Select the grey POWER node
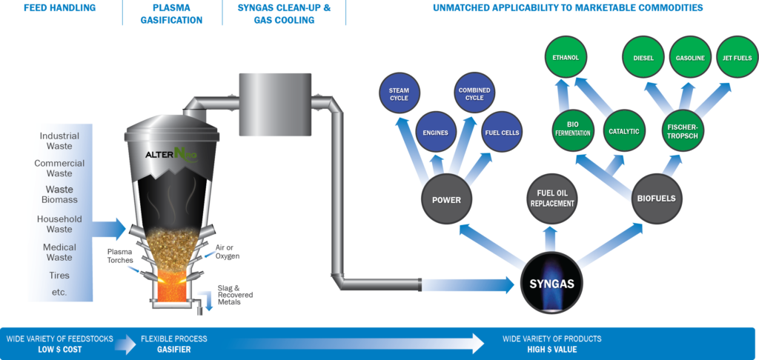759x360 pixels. coord(446,199)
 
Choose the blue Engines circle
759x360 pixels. coord(435,133)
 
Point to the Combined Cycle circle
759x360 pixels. coord(474,94)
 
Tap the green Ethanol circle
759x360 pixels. coord(566,57)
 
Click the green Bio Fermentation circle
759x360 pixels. coord(571,127)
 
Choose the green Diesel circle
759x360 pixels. coord(643,57)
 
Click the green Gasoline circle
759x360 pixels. coord(690,57)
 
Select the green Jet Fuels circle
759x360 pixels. coord(736,57)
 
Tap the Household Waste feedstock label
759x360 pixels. coord(60,224)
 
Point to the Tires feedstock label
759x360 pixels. coord(60,276)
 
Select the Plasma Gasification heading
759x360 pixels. coord(170,14)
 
